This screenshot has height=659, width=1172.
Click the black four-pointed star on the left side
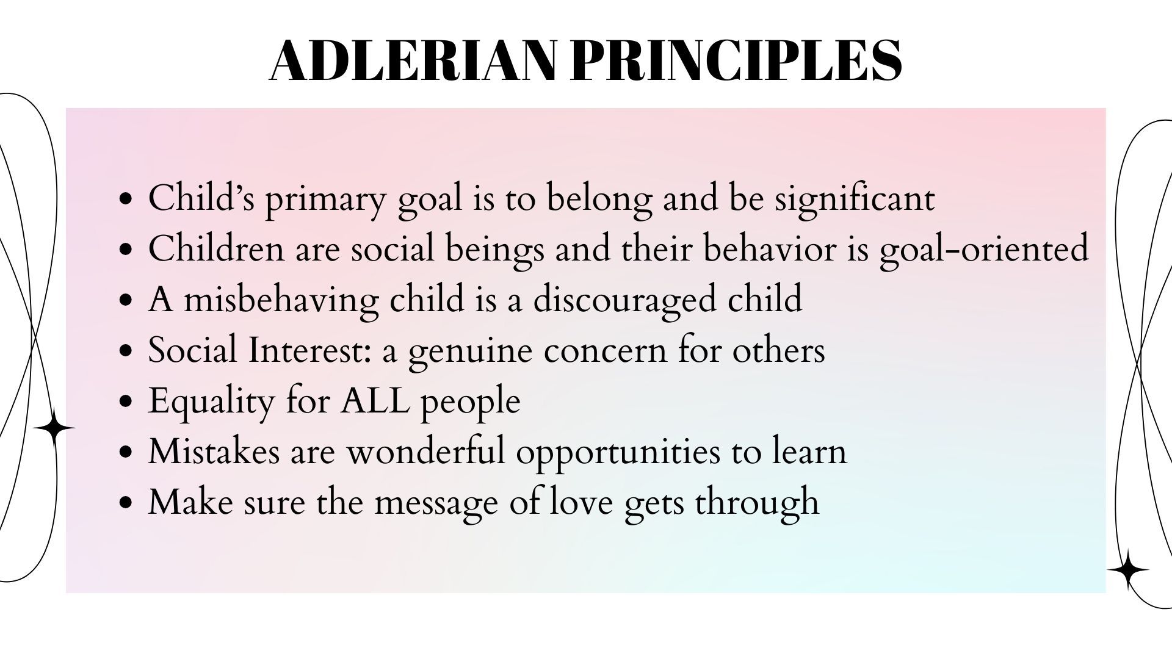54,429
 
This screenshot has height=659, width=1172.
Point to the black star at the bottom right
1128,571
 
